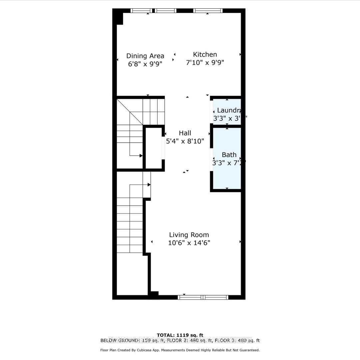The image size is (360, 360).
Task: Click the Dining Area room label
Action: click(x=145, y=56)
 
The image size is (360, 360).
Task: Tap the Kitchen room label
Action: click(x=205, y=54)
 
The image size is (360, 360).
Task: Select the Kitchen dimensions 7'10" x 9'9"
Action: click(x=205, y=62)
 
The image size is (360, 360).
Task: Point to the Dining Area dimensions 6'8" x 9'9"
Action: click(x=145, y=64)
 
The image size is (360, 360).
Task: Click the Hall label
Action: click(x=185, y=133)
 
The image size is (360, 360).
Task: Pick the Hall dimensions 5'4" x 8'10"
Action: click(x=185, y=141)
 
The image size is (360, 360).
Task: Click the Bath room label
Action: click(x=229, y=155)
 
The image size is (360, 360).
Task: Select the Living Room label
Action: click(x=189, y=235)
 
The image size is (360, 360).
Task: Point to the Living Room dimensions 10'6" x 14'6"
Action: click(x=189, y=243)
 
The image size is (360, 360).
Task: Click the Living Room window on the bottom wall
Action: click(x=203, y=297)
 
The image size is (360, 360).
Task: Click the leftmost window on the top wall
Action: click(x=141, y=11)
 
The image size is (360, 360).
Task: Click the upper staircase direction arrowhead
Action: click(x=141, y=156)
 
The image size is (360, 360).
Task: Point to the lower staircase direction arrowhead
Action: click(x=149, y=184)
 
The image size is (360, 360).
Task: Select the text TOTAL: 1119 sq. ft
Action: click(x=180, y=335)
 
